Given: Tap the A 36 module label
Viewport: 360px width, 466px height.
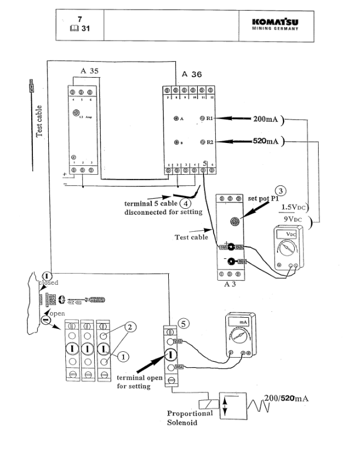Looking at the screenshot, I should (192, 74).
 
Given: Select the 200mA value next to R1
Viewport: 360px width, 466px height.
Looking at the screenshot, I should (266, 118).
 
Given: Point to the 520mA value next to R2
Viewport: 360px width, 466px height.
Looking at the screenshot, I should (266, 142).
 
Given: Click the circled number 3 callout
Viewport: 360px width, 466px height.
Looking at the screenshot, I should (282, 191).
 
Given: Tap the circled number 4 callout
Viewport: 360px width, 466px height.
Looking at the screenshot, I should (192, 204).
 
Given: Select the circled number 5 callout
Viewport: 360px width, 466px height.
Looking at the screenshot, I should (184, 323).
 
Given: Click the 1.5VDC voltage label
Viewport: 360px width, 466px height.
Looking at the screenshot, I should (294, 207).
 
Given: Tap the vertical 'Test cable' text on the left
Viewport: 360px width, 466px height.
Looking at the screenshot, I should (39, 121).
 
